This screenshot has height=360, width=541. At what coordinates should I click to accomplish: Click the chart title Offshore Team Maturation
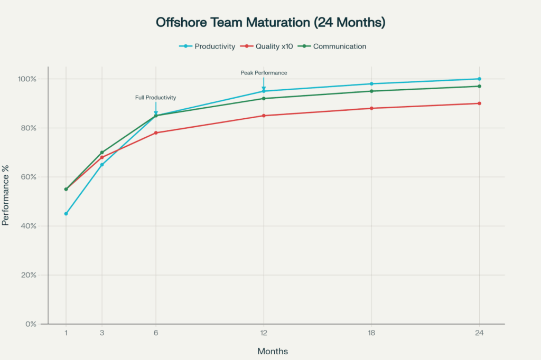click(270, 23)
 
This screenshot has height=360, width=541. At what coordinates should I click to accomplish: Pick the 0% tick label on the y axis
click(31, 324)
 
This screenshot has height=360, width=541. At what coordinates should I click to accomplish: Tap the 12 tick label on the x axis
click(264, 333)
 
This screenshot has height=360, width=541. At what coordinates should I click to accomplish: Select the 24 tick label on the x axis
click(479, 333)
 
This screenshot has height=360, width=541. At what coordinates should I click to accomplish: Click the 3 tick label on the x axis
click(102, 333)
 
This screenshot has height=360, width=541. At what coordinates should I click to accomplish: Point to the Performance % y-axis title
click(6, 201)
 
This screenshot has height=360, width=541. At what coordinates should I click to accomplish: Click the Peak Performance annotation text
click(264, 73)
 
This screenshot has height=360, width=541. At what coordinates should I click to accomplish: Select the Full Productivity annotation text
click(155, 98)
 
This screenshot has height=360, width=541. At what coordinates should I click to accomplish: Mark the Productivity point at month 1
click(66, 214)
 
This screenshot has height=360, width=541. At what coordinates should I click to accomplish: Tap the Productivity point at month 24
click(479, 79)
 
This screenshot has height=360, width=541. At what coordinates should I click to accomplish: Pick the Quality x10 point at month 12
click(264, 116)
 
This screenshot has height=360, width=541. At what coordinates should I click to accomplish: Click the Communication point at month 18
click(371, 91)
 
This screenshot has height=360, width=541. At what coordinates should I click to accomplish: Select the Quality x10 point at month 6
click(156, 133)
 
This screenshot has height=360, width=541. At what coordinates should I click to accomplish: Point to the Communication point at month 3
click(102, 153)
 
